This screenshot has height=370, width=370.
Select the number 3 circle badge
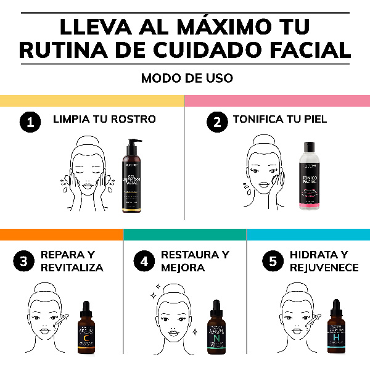click(23, 261)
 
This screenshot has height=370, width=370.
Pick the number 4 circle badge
click(144, 261)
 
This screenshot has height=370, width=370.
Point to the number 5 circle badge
click(273, 261)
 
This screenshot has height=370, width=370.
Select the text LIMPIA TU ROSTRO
click(104, 120)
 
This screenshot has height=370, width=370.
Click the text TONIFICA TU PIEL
click(279, 120)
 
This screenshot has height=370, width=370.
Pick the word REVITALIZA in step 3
click(72, 268)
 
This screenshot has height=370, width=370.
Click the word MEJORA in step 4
click(183, 268)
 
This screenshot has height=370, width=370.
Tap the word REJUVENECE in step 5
click(324, 268)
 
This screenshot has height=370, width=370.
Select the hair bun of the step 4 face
click(168, 289)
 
